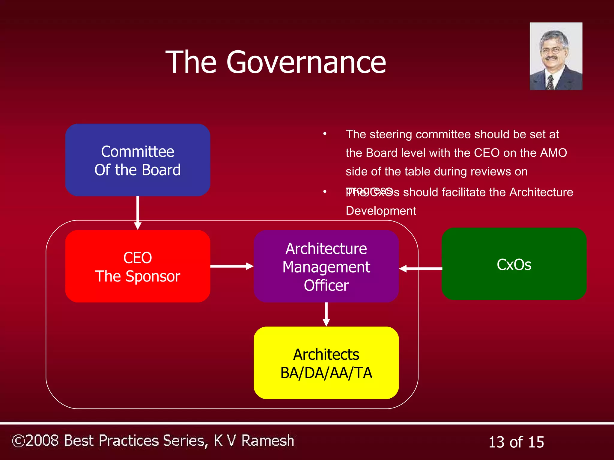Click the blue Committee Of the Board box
[x=138, y=160]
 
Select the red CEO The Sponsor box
[x=138, y=266]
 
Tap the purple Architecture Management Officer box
[x=326, y=266]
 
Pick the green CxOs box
[x=514, y=264]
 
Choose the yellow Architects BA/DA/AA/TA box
[x=326, y=363]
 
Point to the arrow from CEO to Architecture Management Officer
[x=231, y=266]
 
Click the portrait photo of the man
[x=556, y=56]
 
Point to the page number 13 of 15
[x=516, y=442]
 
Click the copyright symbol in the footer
[x=19, y=441]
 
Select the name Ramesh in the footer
[x=267, y=441]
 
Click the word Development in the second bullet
[x=381, y=211]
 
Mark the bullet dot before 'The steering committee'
[x=325, y=134]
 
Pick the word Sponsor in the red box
[x=153, y=276]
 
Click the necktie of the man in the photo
[x=550, y=82]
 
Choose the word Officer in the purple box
[x=326, y=285]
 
